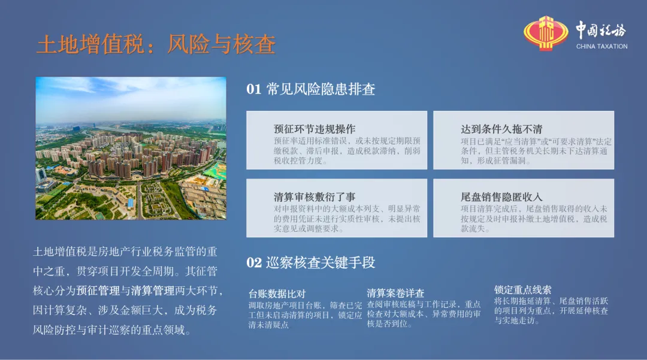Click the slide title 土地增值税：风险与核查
[x=156, y=44]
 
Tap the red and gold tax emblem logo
[x=546, y=34]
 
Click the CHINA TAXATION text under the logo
[x=601, y=47]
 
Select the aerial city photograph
[x=131, y=148]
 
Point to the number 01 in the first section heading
[x=254, y=89]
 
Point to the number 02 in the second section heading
[x=254, y=263]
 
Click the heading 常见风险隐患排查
[x=321, y=89]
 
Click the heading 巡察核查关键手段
[x=321, y=263]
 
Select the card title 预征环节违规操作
[x=315, y=129]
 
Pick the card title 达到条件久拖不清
[x=501, y=129]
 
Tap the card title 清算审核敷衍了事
[x=315, y=196]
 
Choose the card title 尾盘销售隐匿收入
[x=501, y=196]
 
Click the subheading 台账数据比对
[x=277, y=294]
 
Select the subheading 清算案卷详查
[x=395, y=293]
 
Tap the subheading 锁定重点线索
[x=522, y=289]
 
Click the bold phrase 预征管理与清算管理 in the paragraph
[x=125, y=291]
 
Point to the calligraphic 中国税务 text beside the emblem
[x=601, y=30]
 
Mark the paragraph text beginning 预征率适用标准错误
[x=347, y=151]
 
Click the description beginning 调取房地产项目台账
[x=305, y=315]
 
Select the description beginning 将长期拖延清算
[x=551, y=310]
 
